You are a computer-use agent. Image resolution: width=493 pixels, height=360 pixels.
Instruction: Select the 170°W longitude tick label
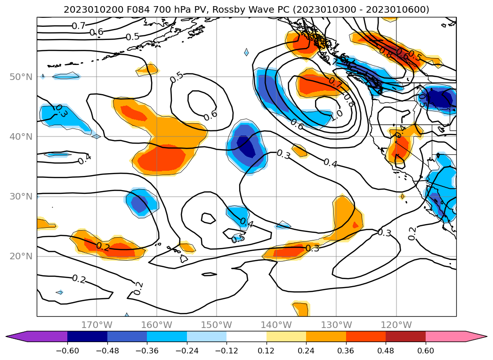pyautogui.click(x=97, y=325)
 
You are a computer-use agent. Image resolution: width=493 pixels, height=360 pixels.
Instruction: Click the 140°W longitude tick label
pyautogui.click(x=276, y=325)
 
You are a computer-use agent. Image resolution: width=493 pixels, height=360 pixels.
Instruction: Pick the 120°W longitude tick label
pyautogui.click(x=396, y=325)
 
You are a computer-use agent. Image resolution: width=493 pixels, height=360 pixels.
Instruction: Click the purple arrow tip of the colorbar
pyautogui.click(x=14, y=336)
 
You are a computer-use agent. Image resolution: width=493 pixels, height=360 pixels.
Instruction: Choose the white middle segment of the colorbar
pyautogui.click(x=246, y=336)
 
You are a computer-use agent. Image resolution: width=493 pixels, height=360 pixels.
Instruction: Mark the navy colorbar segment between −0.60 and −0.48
pyautogui.click(x=87, y=336)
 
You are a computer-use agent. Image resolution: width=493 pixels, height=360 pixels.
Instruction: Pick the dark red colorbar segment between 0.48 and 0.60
pyautogui.click(x=405, y=336)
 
